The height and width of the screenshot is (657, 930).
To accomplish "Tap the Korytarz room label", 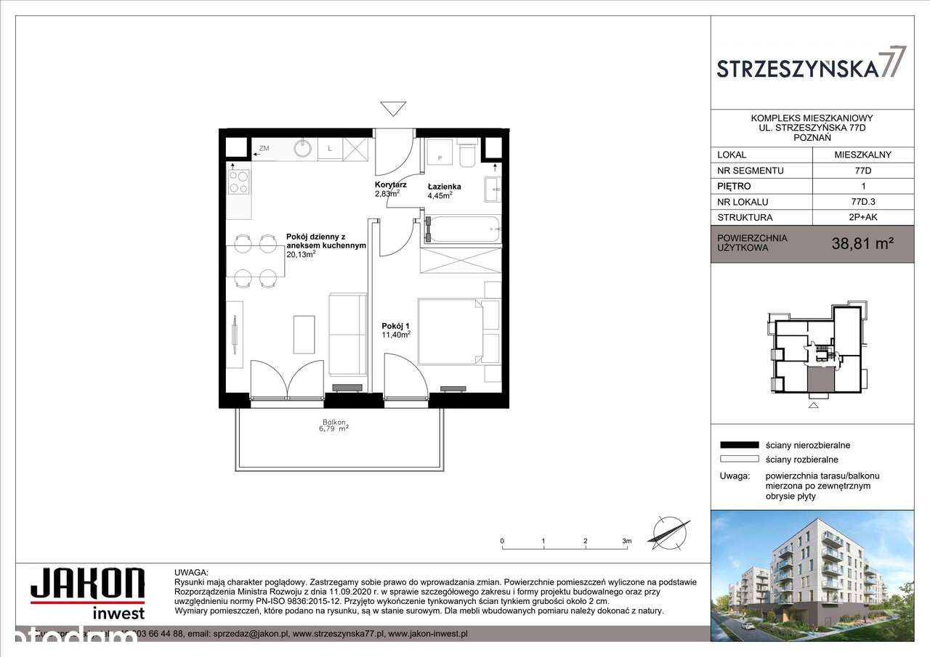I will click(x=390, y=185).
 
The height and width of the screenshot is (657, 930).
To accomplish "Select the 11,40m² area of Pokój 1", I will click(x=396, y=335).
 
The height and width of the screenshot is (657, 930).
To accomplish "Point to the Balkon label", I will click(x=335, y=423).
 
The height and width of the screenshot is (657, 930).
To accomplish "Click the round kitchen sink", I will click(x=303, y=149).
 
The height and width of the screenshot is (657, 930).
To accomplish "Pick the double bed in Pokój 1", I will click(x=450, y=331).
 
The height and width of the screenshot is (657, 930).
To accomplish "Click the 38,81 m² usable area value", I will click(x=862, y=245).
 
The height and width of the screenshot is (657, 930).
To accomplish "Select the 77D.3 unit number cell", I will click(x=862, y=202).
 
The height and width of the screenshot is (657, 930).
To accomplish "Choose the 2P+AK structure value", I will click(x=862, y=217).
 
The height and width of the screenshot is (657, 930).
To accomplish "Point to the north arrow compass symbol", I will click(x=670, y=532).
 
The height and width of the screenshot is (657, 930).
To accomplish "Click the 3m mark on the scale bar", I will click(x=626, y=541).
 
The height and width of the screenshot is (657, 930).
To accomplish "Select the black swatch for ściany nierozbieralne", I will click(x=738, y=445).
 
